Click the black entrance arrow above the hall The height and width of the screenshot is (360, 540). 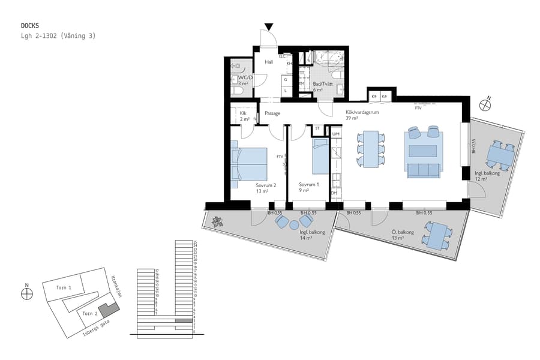click(269, 26)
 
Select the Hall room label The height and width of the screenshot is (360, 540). click(269, 62)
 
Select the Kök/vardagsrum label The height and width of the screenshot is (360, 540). click(361, 112)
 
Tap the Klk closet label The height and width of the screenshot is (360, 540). click(243, 113)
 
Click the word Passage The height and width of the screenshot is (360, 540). click(272, 113)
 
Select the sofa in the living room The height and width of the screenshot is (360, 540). click(424, 170)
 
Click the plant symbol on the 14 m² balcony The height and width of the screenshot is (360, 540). click(216, 221)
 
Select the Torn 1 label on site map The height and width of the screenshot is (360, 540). click(64, 287)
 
